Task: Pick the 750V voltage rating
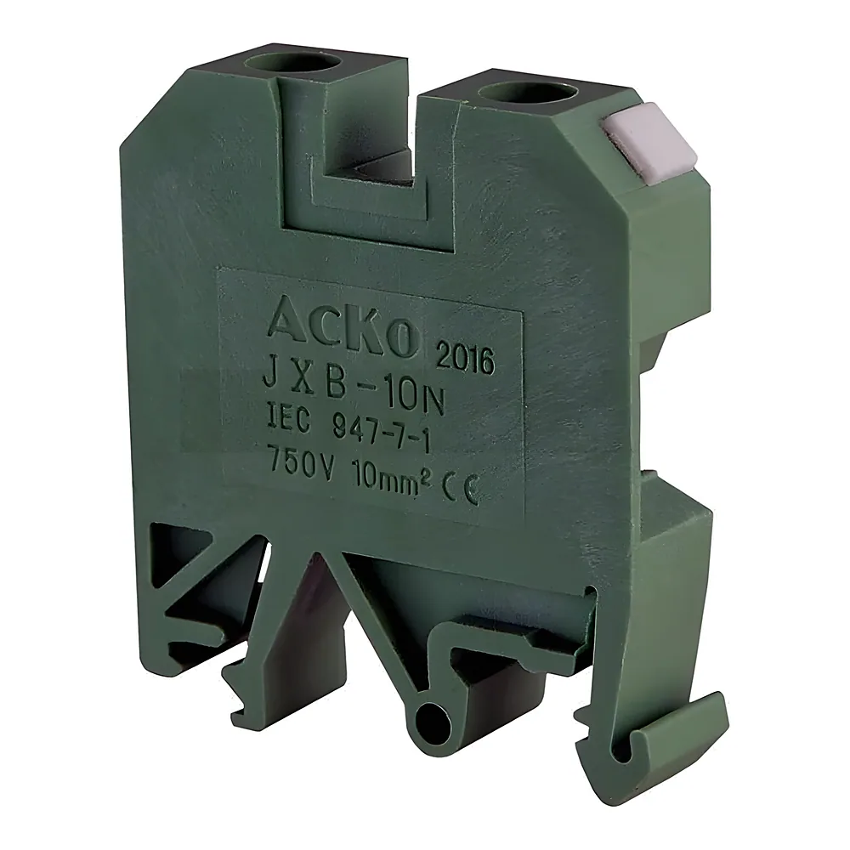tap(303, 459)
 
